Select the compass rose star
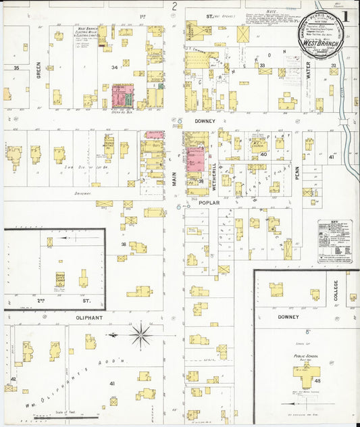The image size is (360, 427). [x=141, y=334]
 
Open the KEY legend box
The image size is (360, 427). [x=335, y=241]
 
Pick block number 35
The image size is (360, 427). [x=16, y=68]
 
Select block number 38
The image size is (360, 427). [x=124, y=244]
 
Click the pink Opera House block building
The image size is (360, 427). [x=121, y=97]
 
